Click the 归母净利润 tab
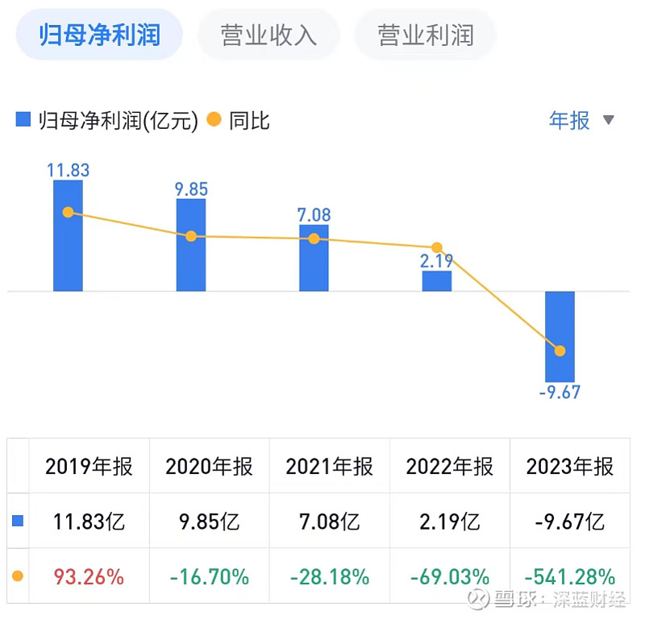point(100,35)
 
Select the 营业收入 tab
point(268,35)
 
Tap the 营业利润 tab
point(426,35)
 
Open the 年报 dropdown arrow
point(609,121)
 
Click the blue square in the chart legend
point(24,121)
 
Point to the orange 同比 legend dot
point(214,121)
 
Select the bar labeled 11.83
point(68,235)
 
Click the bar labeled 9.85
point(191,245)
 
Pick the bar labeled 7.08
point(314,258)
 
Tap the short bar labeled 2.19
point(436,280)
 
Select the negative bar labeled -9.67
point(560,336)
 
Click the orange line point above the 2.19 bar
point(436,247)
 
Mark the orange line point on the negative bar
point(560,351)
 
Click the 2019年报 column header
point(89,467)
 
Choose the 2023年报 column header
point(570,467)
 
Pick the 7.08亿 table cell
point(329,521)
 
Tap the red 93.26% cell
point(89,577)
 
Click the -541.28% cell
point(570,577)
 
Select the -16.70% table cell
point(209,577)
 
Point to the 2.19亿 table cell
point(449,521)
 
